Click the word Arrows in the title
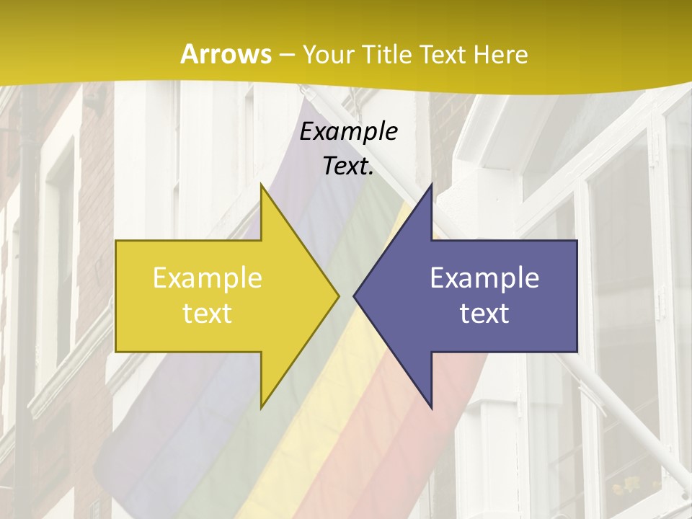click(x=226, y=54)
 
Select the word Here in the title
click(x=500, y=54)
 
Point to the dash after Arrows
click(x=287, y=56)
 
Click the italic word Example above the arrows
click(x=348, y=132)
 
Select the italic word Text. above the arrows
click(x=348, y=167)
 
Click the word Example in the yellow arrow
click(x=208, y=278)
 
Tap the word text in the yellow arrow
click(x=208, y=314)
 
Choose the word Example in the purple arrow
click(x=484, y=278)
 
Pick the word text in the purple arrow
click(x=484, y=314)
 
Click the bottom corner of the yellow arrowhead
click(x=262, y=407)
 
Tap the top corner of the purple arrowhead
click(x=430, y=185)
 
